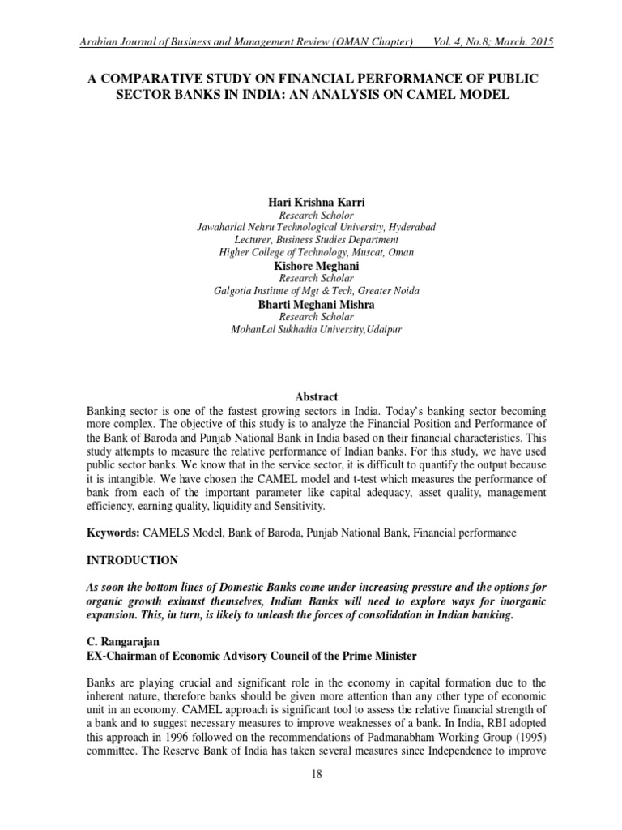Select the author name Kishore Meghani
(316, 265)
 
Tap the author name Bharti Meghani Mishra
(316, 305)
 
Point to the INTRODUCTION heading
(133, 561)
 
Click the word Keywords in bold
(113, 533)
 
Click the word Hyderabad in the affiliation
(410, 228)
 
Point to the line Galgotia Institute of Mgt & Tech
(316, 291)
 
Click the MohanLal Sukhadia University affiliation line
(316, 330)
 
